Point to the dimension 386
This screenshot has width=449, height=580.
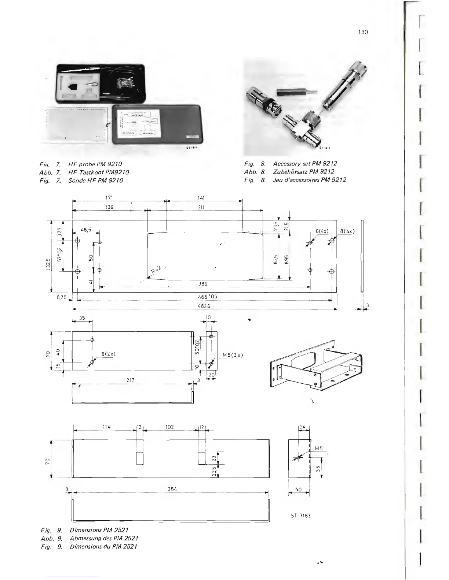(203, 284)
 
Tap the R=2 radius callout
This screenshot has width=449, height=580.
(156, 271)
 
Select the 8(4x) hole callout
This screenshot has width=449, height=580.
(347, 231)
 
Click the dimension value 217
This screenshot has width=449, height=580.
(131, 380)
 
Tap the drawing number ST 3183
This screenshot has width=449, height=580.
(300, 516)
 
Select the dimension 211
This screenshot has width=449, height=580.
(201, 207)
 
